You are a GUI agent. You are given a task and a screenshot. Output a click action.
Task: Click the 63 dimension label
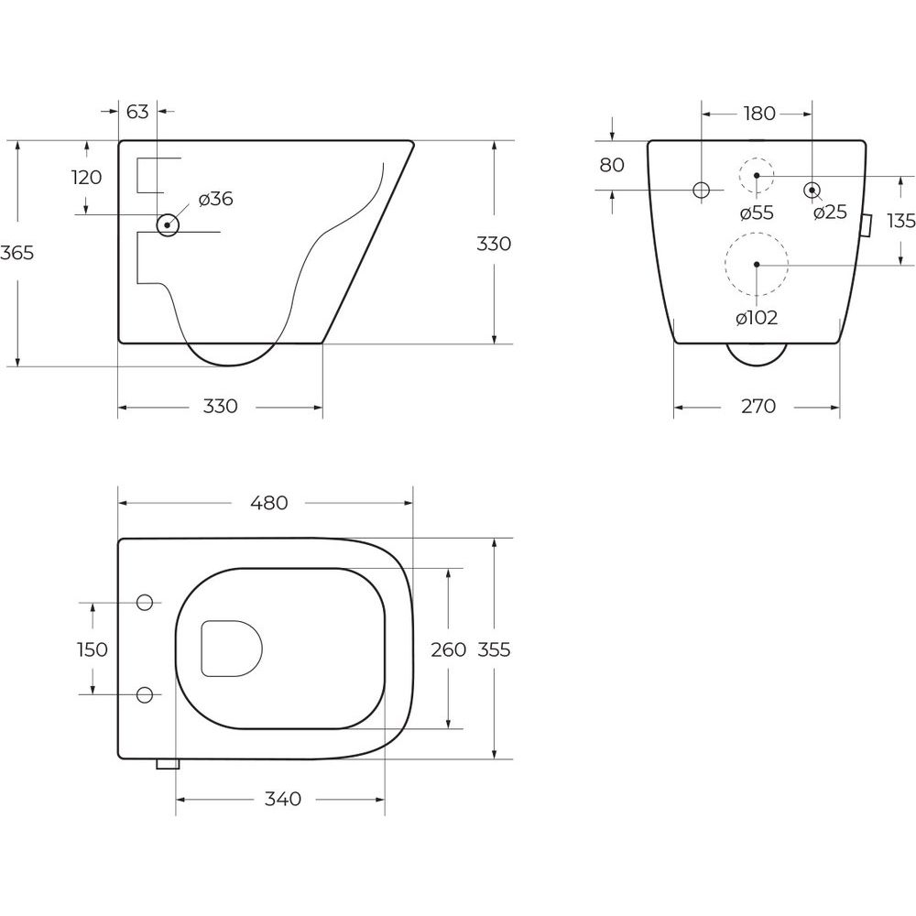click(137, 111)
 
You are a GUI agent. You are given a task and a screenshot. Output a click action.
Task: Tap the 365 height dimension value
click(17, 253)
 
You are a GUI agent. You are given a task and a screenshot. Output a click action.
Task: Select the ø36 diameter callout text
click(215, 199)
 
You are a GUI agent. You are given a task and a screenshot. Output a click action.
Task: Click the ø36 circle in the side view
click(168, 224)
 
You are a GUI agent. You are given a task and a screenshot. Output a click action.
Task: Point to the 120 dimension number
click(86, 177)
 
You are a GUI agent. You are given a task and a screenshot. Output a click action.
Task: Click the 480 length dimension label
click(269, 502)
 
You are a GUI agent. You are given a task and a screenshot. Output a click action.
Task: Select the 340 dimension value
click(283, 799)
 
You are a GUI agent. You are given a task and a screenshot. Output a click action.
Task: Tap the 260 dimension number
click(448, 649)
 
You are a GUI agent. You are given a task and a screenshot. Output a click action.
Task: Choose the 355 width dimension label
click(495, 649)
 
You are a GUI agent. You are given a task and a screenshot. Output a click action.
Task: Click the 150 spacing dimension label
click(93, 649)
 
